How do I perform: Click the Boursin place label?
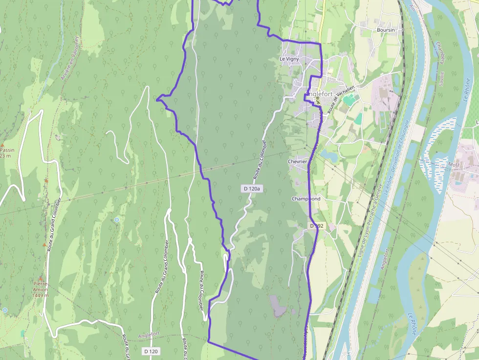tap(385, 30)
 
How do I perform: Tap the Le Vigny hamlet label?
tap(289, 59)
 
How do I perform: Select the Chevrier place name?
tap(297, 162)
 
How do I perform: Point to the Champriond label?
tap(306, 199)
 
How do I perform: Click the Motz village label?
tap(454, 165)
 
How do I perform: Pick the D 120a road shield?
tap(252, 188)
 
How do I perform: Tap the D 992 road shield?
tap(316, 226)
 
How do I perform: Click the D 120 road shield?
tap(152, 351)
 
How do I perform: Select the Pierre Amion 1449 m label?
tap(41, 289)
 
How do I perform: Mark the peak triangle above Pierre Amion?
tap(41, 277)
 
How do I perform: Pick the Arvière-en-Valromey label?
tap(69, 58)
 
